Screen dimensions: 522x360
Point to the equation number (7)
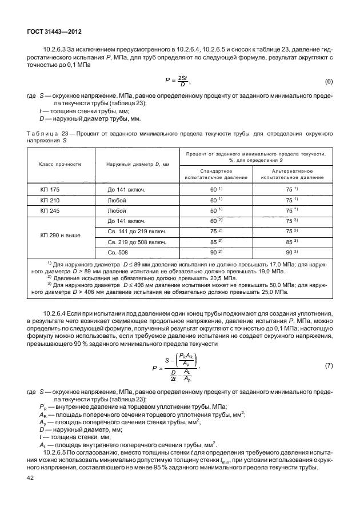329,365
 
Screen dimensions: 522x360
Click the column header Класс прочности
59,164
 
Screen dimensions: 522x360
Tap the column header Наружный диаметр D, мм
138,164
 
